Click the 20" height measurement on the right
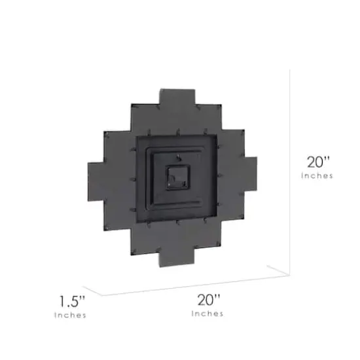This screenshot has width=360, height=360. point(319,161)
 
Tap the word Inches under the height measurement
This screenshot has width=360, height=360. point(319,175)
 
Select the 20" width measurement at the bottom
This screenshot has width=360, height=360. point(207,300)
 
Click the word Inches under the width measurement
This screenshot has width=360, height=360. point(207,314)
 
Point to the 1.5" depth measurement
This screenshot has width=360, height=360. point(70,302)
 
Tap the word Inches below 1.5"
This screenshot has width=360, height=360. point(69,315)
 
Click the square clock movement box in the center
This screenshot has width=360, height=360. point(177,177)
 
